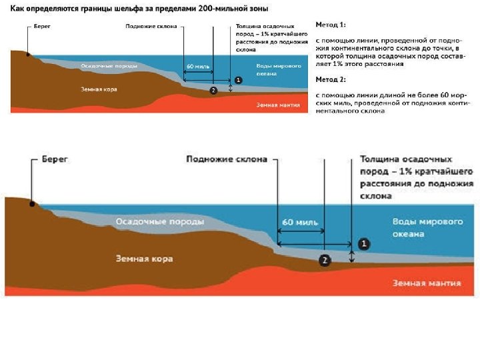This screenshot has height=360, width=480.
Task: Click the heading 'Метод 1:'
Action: click(330, 25)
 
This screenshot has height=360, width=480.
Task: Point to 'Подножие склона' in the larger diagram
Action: click(227, 159)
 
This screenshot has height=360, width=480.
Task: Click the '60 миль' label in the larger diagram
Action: click(300, 222)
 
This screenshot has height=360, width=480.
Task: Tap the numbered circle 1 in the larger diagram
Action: click(363, 244)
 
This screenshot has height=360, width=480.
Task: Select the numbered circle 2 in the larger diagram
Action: click(325, 260)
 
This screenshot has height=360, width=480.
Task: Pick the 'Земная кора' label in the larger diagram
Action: click(144, 259)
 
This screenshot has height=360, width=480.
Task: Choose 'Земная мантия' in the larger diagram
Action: click(427, 283)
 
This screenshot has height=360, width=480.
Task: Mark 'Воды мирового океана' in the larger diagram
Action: click(418, 227)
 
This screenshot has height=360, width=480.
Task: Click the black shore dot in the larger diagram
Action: click(32, 203)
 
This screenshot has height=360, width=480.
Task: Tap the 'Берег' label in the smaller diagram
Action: click(43, 27)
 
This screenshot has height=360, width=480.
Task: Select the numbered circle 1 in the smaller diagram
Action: click(239, 79)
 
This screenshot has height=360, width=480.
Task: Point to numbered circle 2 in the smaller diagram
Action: click(213, 90)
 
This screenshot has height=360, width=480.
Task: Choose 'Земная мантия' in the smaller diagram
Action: click(278, 105)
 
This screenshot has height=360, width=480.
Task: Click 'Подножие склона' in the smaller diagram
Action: click(151, 27)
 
